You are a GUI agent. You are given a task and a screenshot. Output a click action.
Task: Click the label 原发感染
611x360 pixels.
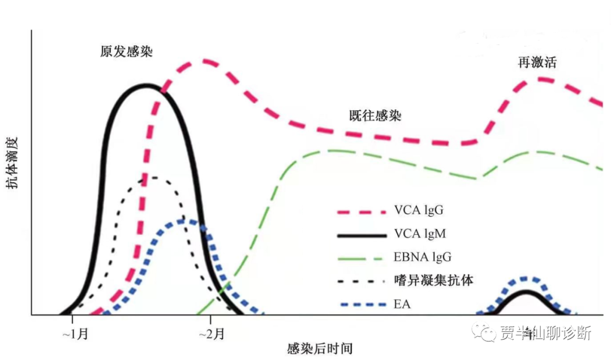point(127,52)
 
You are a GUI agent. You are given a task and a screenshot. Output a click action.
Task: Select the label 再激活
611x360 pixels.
point(537,62)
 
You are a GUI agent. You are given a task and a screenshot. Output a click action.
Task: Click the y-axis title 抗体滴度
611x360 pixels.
point(14,162)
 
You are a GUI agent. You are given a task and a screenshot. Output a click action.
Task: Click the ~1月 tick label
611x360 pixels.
point(75,334)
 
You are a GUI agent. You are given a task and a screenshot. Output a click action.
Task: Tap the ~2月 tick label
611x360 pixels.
point(211,334)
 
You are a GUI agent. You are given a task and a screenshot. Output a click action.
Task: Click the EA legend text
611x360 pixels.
point(402,305)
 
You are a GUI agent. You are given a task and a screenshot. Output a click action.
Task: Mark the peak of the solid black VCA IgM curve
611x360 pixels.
point(147,86)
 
